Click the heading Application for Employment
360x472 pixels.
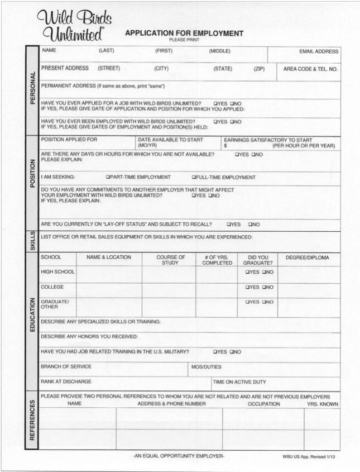(x=184, y=34)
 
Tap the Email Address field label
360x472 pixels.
(x=319, y=51)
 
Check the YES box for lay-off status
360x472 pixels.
(x=229, y=225)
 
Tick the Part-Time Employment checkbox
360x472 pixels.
(x=108, y=178)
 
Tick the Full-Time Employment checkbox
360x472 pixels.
(x=194, y=178)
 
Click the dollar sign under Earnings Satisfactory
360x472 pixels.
(x=225, y=146)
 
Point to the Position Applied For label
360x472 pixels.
(x=69, y=140)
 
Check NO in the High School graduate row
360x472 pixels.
(x=264, y=273)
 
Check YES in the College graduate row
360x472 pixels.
(x=247, y=288)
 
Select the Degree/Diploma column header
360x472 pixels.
(x=307, y=258)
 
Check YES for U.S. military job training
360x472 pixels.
(x=215, y=352)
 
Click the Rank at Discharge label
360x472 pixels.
(x=66, y=382)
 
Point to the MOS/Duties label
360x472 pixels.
(x=206, y=367)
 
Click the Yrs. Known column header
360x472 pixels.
(x=322, y=404)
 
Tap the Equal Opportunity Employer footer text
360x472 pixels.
(x=179, y=456)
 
